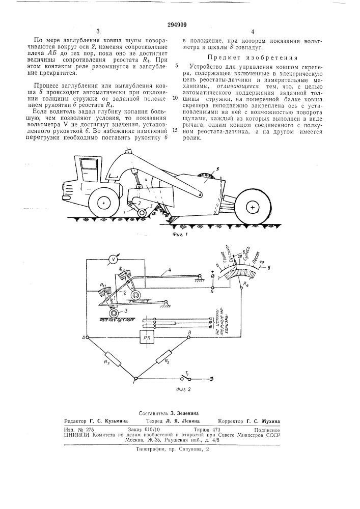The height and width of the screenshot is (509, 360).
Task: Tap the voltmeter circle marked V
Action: pyautogui.click(x=115, y=260)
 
